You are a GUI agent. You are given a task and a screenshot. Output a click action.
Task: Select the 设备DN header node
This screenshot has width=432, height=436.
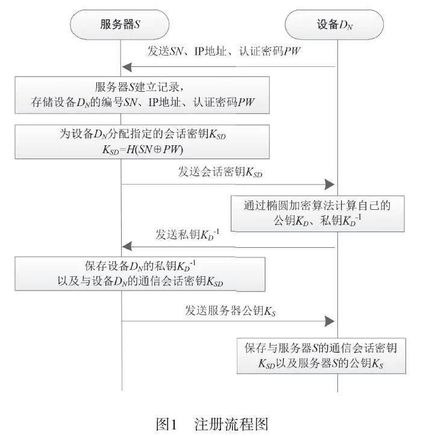coord(335,25)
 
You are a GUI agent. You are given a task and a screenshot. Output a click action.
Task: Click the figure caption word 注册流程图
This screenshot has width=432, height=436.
coord(231,423)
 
